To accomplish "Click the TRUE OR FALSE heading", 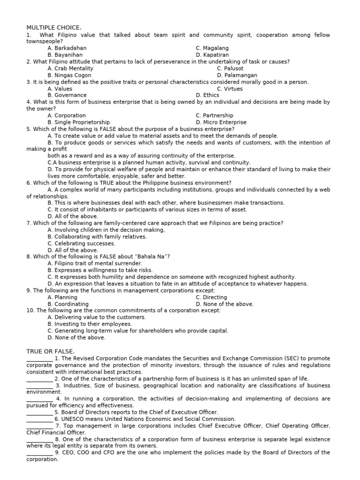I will point(51,351).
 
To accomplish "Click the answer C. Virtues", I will point(230,89).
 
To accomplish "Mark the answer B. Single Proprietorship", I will point(79,122).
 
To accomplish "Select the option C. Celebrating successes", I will point(81,244).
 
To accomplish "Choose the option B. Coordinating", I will point(68,304).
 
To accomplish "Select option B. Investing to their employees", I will point(90,324).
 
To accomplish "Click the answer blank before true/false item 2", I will point(39,379).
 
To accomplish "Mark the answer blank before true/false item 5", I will point(39,412).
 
